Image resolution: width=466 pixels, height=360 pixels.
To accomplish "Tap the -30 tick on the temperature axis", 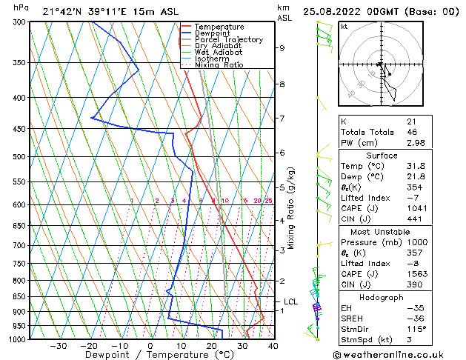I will point(59,346).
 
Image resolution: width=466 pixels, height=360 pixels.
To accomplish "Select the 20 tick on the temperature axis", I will point(212,346).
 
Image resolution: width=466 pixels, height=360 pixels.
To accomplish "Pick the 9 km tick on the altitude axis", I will point(282,47).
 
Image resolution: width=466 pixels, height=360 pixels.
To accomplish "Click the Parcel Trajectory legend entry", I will point(228,39).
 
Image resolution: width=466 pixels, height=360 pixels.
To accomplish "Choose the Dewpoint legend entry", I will point(213,33).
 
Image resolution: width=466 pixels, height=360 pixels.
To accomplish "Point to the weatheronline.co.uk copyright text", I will point(399,354).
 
